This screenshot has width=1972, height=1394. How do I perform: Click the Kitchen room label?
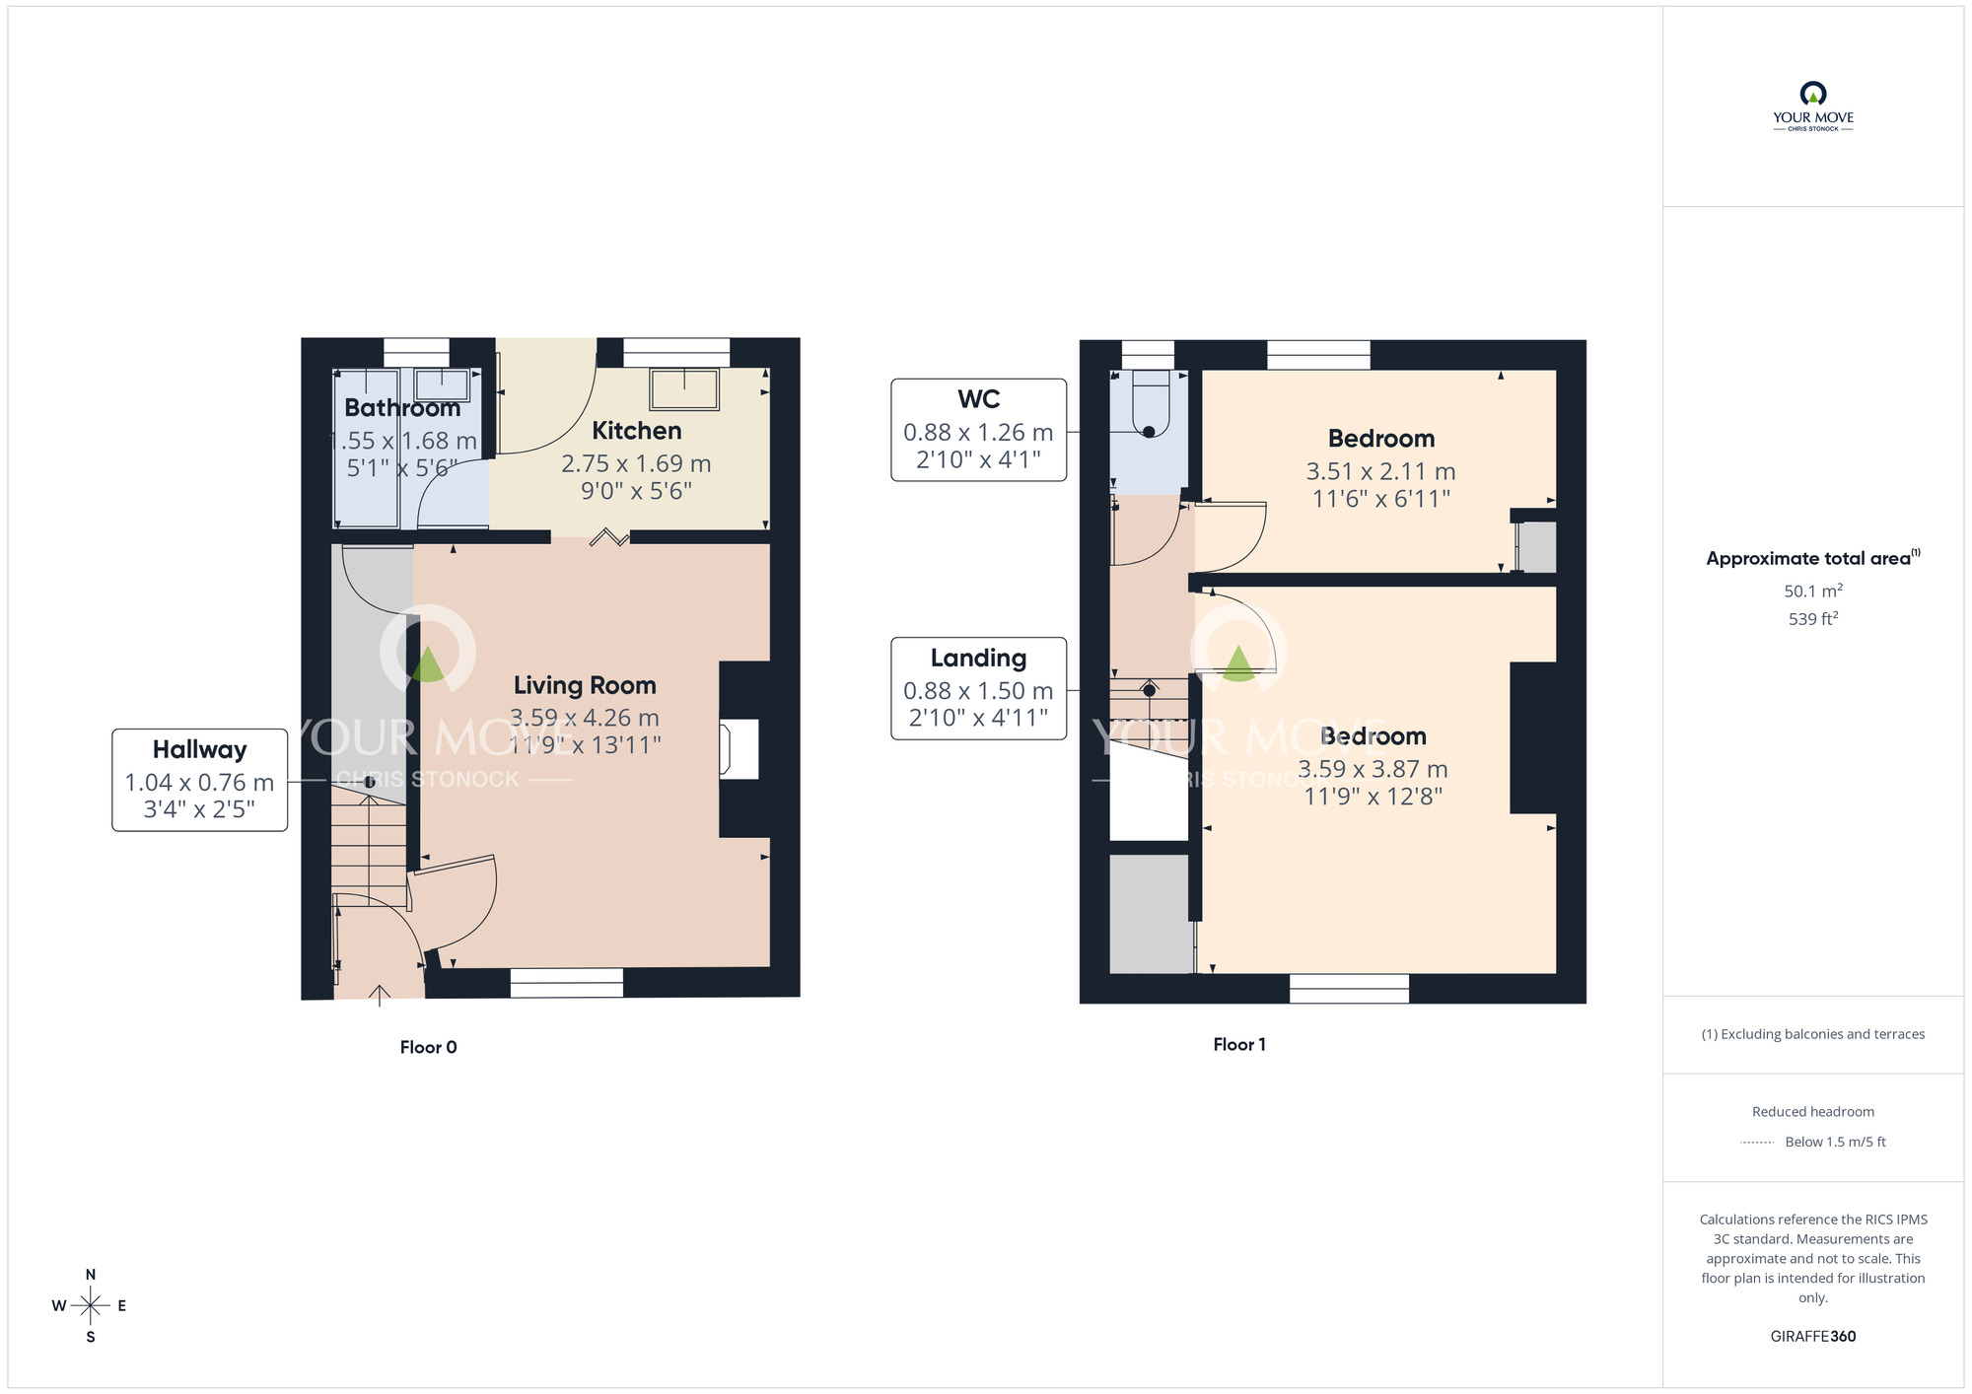point(636,431)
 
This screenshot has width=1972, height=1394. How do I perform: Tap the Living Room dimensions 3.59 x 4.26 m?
point(585,718)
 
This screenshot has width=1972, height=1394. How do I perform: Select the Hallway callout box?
point(199,780)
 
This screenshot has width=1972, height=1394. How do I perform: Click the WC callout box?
point(978,430)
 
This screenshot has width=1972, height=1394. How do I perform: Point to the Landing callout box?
point(978,688)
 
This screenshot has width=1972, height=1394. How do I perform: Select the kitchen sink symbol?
point(684,388)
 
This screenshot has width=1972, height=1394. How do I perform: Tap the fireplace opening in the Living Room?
point(739,749)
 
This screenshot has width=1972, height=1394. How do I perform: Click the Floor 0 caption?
point(428,1047)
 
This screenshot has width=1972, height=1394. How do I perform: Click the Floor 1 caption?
point(1239,1044)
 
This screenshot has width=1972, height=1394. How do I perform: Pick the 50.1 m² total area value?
point(1812,591)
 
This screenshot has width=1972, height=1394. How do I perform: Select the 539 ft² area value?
point(1812,619)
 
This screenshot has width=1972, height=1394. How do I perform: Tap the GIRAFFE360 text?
point(1812,1337)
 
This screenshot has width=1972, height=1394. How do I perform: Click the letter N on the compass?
point(91,1274)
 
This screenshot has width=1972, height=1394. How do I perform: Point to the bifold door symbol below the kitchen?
point(609,537)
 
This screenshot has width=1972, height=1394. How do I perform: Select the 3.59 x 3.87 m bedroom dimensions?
point(1373,769)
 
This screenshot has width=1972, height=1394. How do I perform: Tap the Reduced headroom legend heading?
point(1812,1111)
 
